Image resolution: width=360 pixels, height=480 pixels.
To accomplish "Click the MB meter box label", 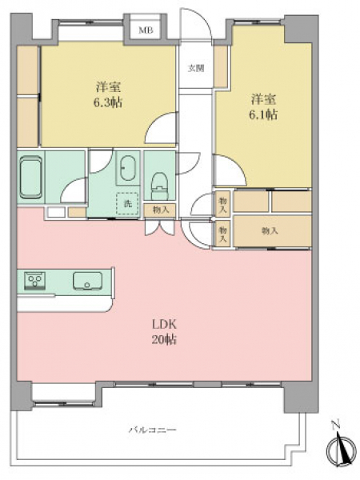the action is pyautogui.click(x=146, y=30).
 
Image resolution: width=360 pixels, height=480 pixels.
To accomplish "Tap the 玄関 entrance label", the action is pyautogui.click(x=196, y=68).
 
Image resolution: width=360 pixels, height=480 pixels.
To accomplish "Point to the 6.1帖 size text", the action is pyautogui.click(x=263, y=114).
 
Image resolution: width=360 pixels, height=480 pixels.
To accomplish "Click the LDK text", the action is pyautogui.click(x=164, y=324).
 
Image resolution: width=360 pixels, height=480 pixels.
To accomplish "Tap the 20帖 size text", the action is pyautogui.click(x=164, y=339).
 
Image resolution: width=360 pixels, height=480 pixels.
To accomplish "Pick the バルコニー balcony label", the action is pyautogui.click(x=152, y=430).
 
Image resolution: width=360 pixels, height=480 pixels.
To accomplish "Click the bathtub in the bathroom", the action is pyautogui.click(x=30, y=177).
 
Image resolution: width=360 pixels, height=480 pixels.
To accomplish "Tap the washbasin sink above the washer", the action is pyautogui.click(x=127, y=168).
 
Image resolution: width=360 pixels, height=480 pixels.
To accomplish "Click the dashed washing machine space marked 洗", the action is pyautogui.click(x=127, y=203).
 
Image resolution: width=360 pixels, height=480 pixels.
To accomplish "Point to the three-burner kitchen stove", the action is pyautogui.click(x=35, y=280).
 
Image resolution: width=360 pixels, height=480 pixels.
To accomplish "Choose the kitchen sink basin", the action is pyautogui.click(x=87, y=281).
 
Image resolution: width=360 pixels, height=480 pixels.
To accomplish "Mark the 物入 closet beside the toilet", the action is pyautogui.click(x=160, y=210).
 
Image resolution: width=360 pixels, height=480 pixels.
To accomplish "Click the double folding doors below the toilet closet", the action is pyautogui.click(x=159, y=228).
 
